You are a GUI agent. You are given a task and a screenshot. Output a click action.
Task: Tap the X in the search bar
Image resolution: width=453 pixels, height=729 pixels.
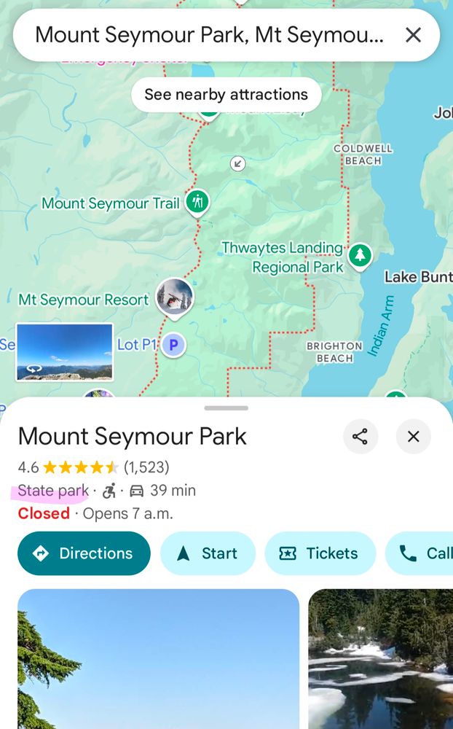[413, 34]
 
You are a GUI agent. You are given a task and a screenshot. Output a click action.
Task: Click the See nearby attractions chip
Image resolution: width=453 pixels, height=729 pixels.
[226, 95]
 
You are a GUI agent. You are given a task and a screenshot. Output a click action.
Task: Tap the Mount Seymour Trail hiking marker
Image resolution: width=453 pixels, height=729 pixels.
[197, 202]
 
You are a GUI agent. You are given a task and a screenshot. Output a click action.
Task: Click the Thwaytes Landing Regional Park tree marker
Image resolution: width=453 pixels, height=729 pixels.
[359, 255]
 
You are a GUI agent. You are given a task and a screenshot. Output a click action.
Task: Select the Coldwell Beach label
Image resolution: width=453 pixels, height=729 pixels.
[363, 154]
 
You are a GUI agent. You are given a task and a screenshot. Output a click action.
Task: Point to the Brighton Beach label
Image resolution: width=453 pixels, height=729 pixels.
[334, 352]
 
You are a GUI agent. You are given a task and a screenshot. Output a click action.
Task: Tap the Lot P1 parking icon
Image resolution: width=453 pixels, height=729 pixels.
[173, 345]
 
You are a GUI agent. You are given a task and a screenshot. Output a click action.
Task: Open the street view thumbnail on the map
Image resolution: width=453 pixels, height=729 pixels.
[64, 352]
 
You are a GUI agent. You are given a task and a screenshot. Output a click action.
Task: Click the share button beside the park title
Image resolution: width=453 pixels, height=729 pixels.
[360, 437]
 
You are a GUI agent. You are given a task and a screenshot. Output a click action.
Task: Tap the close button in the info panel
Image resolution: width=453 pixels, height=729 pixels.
[413, 437]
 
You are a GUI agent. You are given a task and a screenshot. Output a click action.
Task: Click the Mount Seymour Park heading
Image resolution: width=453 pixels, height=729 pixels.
[133, 437]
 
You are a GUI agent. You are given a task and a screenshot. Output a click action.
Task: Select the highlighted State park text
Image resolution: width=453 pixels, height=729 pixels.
[52, 491]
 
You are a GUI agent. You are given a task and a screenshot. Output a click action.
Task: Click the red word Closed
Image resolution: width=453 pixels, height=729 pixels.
[44, 513]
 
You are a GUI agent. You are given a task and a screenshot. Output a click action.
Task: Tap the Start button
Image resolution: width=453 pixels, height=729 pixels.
[208, 553]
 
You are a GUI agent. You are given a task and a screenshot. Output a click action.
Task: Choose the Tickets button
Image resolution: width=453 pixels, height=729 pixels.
[320, 553]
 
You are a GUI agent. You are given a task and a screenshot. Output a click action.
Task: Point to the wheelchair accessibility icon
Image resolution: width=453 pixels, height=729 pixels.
[109, 491]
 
